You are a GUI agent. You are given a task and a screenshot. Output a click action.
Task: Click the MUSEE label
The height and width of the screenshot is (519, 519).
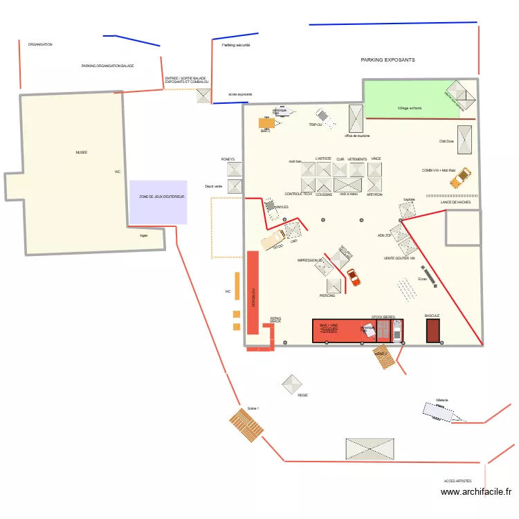[x=82, y=152]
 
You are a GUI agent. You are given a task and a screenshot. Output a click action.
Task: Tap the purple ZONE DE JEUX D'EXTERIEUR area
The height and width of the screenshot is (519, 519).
[x=158, y=201]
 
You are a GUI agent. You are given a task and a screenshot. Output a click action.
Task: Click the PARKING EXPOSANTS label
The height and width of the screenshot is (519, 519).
[x=388, y=60]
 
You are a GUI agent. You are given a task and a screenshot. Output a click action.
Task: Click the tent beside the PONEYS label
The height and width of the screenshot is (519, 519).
[x=235, y=170]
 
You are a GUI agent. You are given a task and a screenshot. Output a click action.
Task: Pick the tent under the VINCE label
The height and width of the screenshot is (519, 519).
[x=375, y=170]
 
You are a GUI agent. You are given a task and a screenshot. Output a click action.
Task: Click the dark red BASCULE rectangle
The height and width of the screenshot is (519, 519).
[x=433, y=331]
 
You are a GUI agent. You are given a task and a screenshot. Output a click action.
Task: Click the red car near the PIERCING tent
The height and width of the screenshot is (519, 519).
[x=354, y=277]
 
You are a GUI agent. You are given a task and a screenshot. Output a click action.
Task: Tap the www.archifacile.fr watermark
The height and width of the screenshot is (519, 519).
[x=476, y=492]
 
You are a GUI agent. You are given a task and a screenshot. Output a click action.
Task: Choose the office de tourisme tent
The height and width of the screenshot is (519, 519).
[x=356, y=118]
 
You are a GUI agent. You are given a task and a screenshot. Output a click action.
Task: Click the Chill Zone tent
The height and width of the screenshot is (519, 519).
[x=465, y=140]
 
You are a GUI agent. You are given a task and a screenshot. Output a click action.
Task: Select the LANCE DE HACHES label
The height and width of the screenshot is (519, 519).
[x=455, y=202]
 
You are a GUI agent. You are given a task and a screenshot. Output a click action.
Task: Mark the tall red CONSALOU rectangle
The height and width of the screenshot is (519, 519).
[x=253, y=293]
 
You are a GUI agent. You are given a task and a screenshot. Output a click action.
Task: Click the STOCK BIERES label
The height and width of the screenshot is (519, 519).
[x=383, y=316]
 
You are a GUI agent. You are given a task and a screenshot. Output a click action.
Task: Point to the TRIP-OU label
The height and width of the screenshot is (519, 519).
[x=316, y=125]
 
